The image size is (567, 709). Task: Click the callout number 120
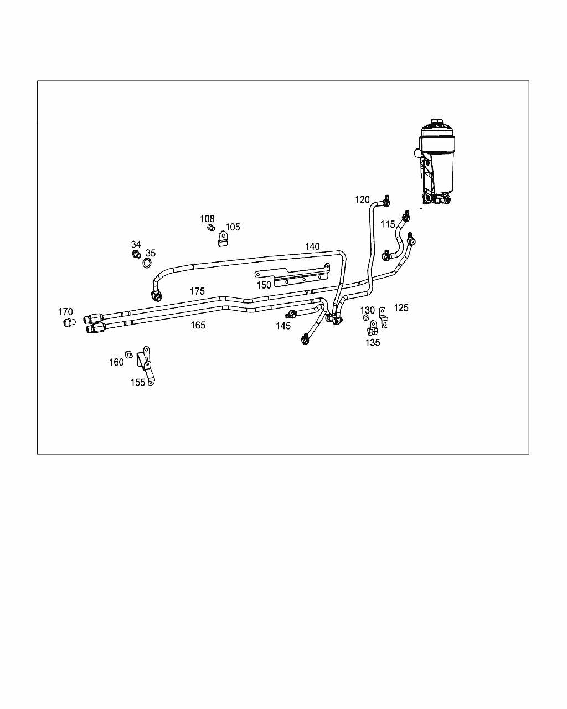pos(362,199)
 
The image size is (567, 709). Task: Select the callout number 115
pos(388,224)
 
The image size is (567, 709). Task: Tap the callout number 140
pos(312,246)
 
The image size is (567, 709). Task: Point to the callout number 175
pos(197,291)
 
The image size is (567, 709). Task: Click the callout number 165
pos(198,325)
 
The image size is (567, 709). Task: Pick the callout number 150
pos(264,285)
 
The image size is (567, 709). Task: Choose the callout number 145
pos(283,326)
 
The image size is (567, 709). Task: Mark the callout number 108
pos(207,219)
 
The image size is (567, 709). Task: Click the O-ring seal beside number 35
pos(147,263)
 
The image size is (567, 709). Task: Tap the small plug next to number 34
pos(136,254)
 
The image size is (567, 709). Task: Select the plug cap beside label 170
pos(69,322)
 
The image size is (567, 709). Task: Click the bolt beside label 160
pos(129,354)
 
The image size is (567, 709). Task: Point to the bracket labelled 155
pos(146,366)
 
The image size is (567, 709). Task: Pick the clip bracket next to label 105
pos(223,239)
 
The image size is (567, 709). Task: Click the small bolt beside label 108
pos(211,227)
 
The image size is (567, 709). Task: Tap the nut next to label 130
pos(365,317)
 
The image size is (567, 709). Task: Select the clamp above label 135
pos(372,328)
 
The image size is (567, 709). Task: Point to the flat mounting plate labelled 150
pos(292,275)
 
